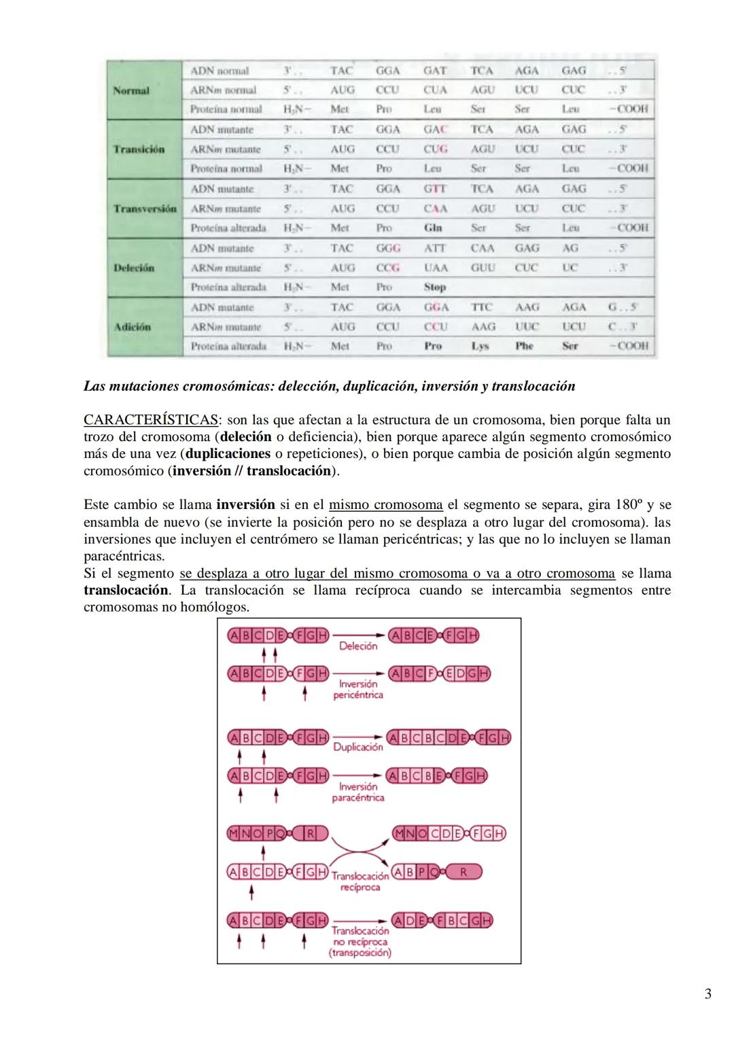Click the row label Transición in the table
139,150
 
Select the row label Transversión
145,209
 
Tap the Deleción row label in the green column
134,268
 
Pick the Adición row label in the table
133,327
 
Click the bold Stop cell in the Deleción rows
435,287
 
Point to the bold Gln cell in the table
433,228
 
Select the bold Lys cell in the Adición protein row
480,346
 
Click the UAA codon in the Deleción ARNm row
436,268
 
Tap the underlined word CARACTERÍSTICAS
151,420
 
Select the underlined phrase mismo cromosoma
385,505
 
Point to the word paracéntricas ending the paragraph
124,556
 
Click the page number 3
707,994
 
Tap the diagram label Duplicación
357,747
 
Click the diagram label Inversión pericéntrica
358,689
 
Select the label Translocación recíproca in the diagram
360,881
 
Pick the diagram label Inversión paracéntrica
358,792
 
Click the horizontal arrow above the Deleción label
357,635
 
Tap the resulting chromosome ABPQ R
436,872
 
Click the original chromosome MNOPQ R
277,833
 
